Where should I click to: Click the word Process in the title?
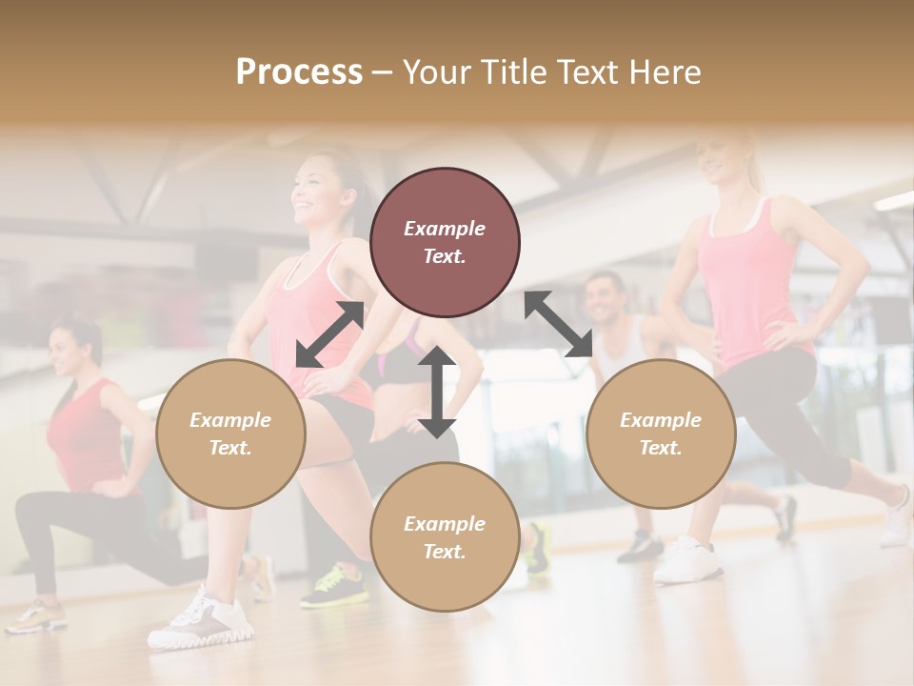point(299,72)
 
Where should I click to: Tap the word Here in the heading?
point(664,72)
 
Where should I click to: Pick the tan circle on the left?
point(230,434)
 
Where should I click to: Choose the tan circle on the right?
point(661,434)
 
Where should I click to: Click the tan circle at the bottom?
point(445,536)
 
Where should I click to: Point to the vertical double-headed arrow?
point(437,392)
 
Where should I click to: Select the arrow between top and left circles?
point(329,334)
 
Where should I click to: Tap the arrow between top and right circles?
point(558,324)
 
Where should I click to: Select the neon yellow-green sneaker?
point(335,585)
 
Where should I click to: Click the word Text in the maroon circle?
point(444,257)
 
